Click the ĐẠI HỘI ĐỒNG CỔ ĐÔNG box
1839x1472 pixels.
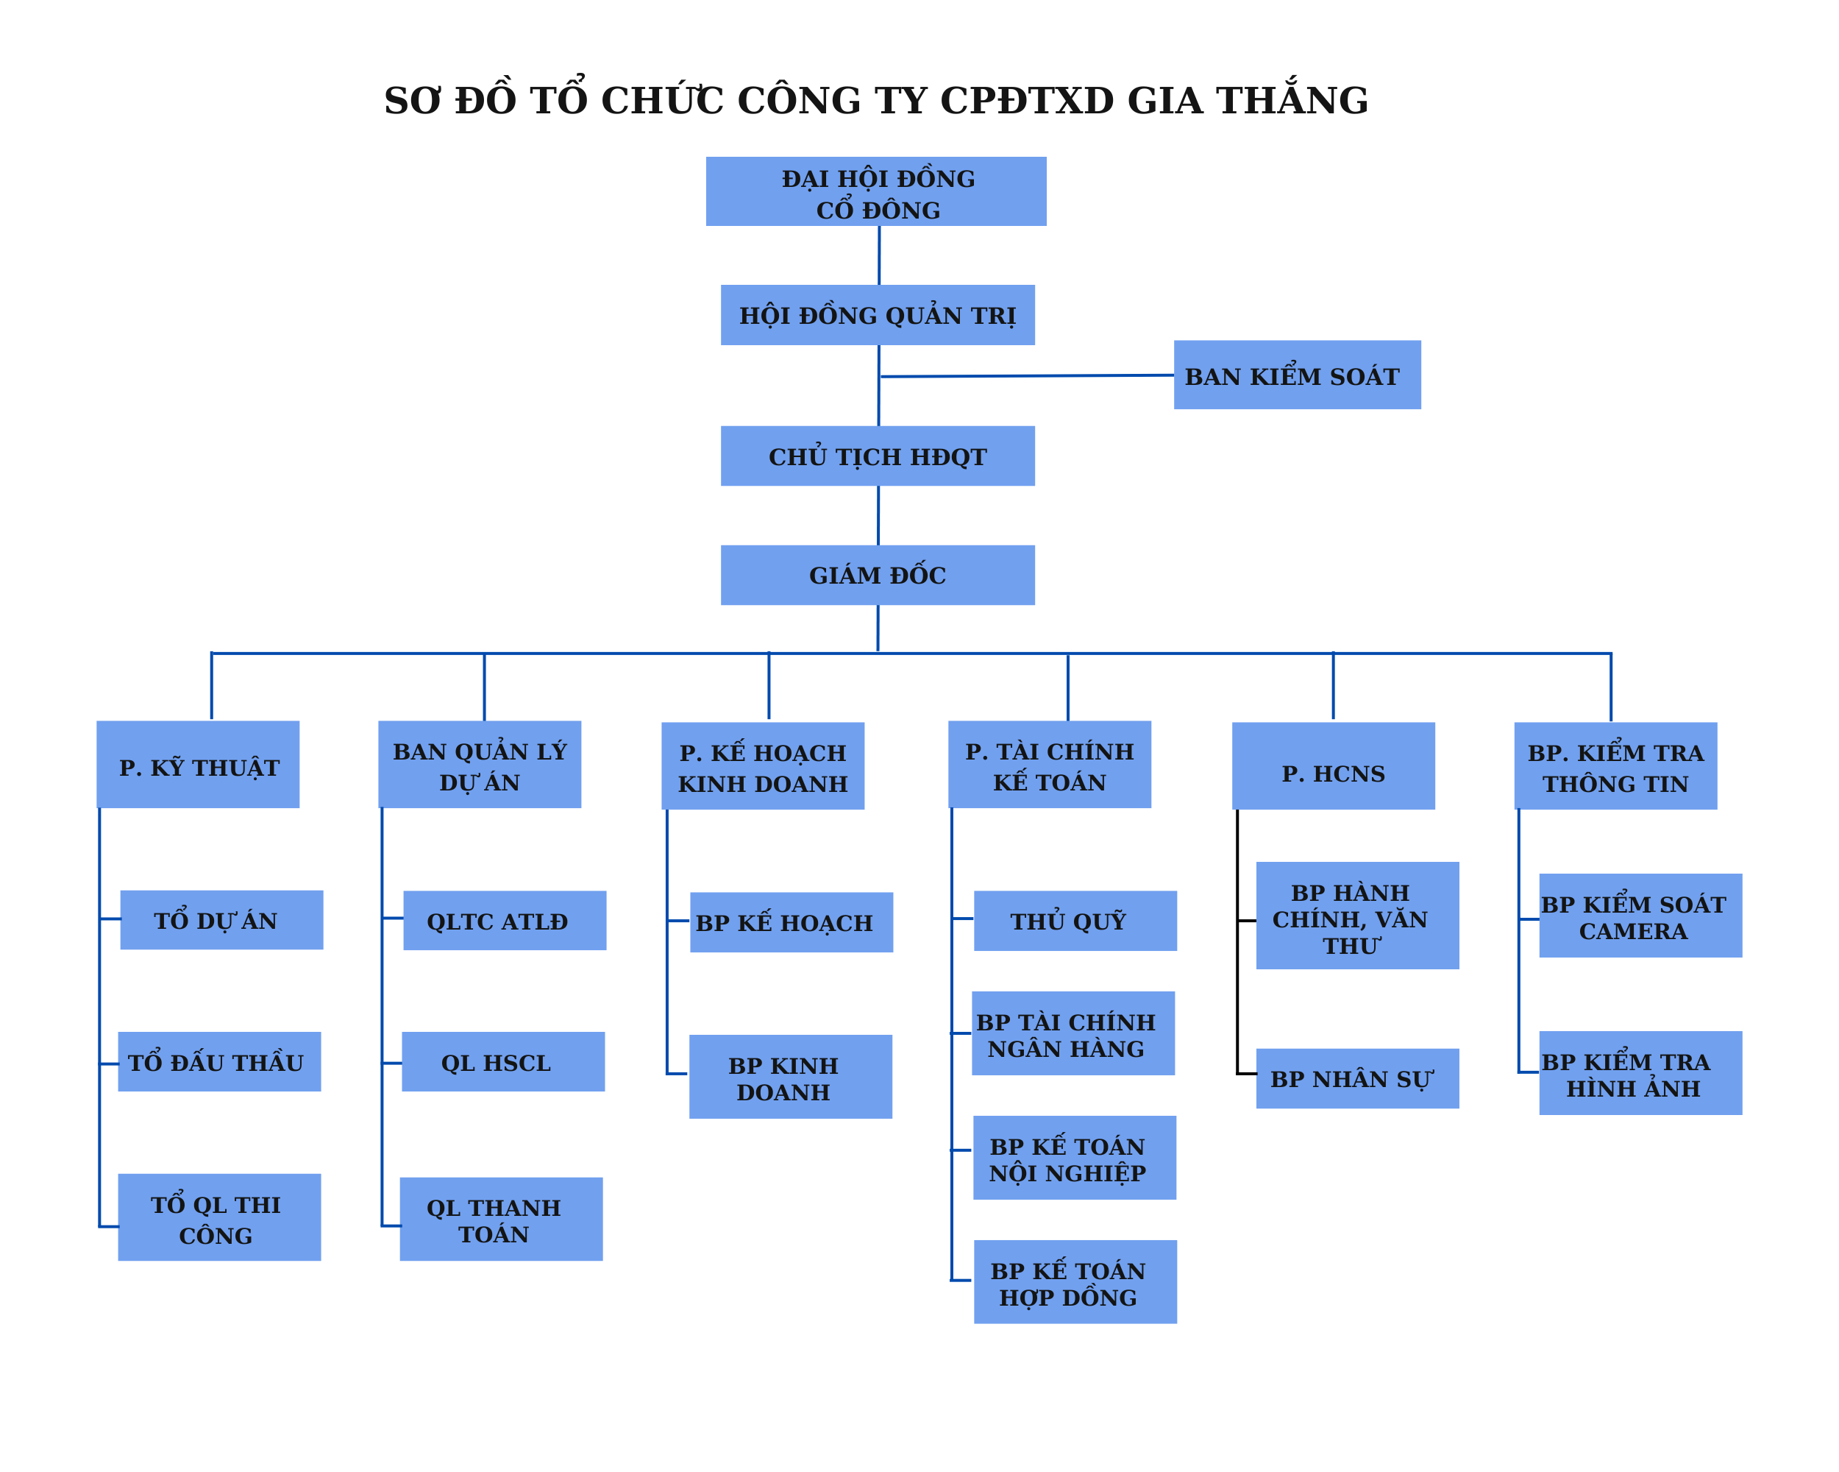coord(876,191)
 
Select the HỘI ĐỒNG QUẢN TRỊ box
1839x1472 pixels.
coord(878,315)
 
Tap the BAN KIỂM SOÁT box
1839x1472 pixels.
coord(1297,375)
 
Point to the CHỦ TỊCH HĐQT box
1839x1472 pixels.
coord(878,456)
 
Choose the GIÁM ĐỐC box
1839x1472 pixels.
coord(878,575)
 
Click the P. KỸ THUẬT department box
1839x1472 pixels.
coord(198,765)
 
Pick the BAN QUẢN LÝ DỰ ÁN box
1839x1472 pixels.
coord(480,765)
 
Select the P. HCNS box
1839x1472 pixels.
coord(1333,766)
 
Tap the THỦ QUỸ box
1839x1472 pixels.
coord(1075,921)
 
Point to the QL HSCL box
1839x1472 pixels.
coord(503,1061)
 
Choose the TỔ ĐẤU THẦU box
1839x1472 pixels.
coord(219,1061)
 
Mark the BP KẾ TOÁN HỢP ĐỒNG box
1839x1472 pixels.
coord(1075,1281)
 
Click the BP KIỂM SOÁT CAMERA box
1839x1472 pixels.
coord(1640,916)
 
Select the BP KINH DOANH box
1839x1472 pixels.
coord(791,1077)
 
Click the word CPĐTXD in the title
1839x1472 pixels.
coord(1027,101)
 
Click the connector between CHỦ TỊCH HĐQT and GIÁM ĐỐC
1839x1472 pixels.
coord(878,515)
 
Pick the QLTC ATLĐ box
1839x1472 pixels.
coord(504,921)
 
